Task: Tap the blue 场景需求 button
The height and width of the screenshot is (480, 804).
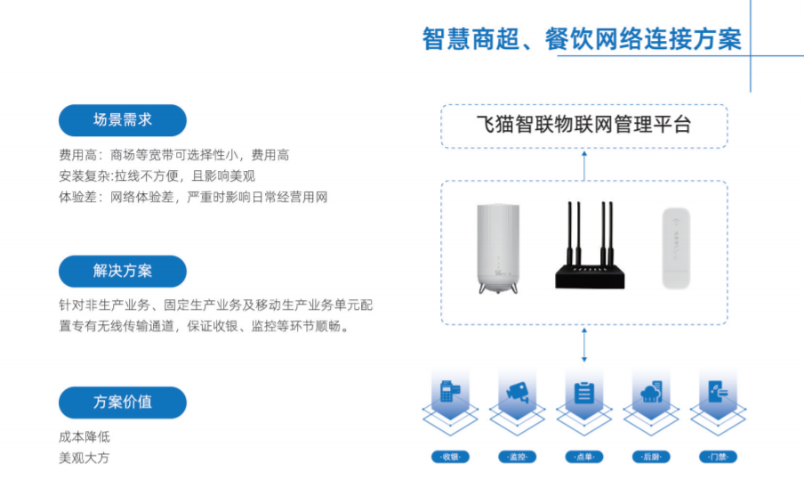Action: [x=123, y=120]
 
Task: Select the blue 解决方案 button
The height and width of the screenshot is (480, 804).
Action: [x=123, y=271]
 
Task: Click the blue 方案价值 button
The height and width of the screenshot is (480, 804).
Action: [x=123, y=402]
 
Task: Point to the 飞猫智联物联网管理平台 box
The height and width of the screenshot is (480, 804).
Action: [x=584, y=126]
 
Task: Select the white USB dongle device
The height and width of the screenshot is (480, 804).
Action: [x=680, y=248]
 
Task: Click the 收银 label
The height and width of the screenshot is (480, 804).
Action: [x=449, y=457]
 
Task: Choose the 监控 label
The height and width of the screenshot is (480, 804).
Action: [x=517, y=457]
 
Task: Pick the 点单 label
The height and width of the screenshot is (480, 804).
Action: [x=584, y=457]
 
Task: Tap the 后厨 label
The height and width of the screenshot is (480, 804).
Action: [x=651, y=457]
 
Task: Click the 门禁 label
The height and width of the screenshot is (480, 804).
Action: [x=719, y=457]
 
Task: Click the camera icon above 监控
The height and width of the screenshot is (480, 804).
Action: [x=517, y=392]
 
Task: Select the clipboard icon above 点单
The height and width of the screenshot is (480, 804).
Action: [x=584, y=392]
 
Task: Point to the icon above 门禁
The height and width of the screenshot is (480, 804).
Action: [x=719, y=392]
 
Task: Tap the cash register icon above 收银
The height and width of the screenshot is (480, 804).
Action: [x=449, y=392]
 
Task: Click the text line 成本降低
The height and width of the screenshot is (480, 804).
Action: [x=84, y=437]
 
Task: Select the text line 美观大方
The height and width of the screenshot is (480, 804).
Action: [x=84, y=458]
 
